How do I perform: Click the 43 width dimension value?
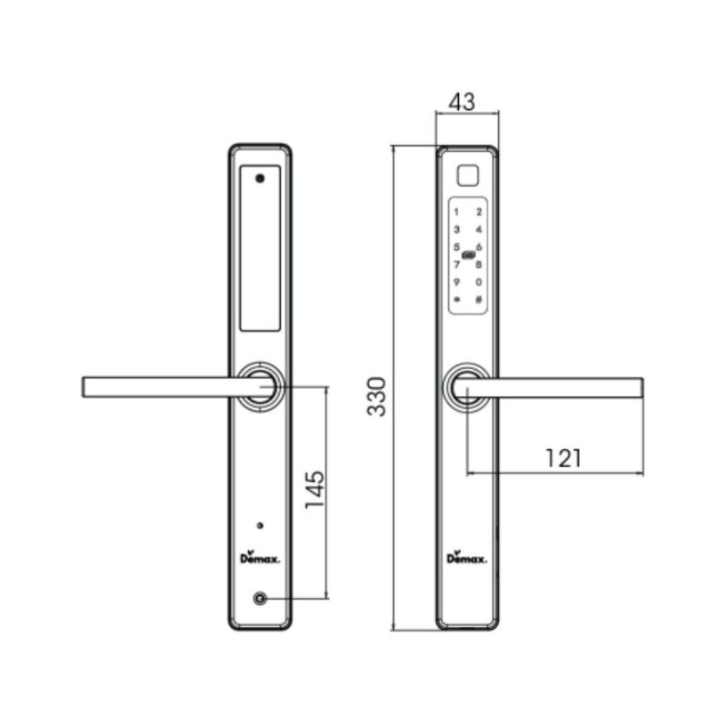pos(462,102)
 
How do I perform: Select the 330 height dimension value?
pos(376,397)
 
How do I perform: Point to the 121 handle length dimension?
pos(563,458)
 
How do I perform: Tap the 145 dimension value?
pos(314,490)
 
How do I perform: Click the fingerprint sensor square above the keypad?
pos(468,175)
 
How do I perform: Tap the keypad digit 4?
pos(479,230)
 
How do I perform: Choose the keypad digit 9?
pos(457,282)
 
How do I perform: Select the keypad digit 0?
pos(479,282)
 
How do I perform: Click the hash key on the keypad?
pos(479,300)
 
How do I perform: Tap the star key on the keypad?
pos(457,300)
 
